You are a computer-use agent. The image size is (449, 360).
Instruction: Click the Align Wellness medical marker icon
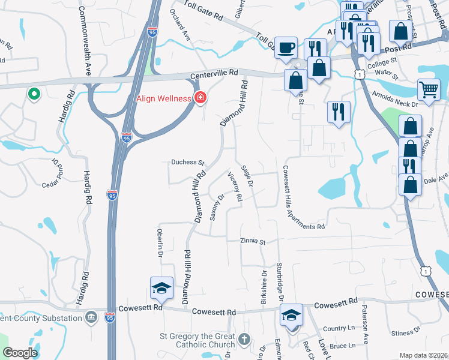[x=200, y=98]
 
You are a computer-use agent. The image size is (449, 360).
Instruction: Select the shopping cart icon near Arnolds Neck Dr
[x=429, y=90]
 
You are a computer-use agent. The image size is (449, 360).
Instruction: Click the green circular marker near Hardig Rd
[x=34, y=94]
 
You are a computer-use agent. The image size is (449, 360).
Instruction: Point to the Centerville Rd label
[x=214, y=76]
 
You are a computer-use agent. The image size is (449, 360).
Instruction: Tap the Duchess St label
[x=188, y=162]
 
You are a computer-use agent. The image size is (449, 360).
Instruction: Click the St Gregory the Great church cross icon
[x=244, y=339]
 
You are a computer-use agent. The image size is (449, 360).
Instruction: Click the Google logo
[x=20, y=353]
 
